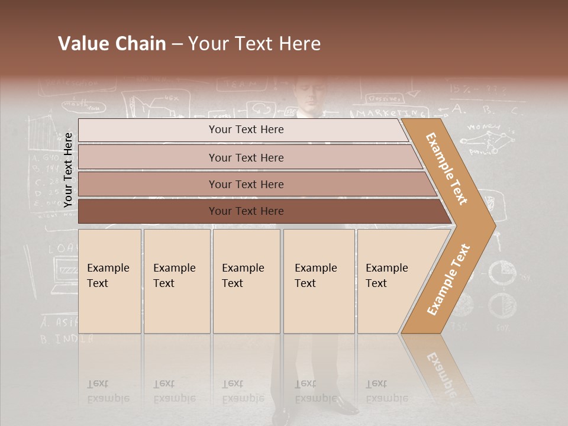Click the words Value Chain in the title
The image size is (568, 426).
[112, 44]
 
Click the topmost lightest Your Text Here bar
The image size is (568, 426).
[246, 130]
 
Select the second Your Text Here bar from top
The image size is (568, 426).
[246, 157]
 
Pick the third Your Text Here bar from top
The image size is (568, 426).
[246, 184]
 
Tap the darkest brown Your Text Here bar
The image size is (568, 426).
[246, 211]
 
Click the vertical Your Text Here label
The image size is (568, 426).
[69, 170]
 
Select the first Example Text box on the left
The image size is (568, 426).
[109, 281]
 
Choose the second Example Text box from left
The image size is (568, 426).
[176, 281]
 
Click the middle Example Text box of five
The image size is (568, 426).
[246, 281]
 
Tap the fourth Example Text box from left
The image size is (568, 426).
[319, 281]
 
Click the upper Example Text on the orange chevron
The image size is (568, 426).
[447, 169]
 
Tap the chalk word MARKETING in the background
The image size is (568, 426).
[390, 112]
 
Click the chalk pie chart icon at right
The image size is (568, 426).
[503, 274]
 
